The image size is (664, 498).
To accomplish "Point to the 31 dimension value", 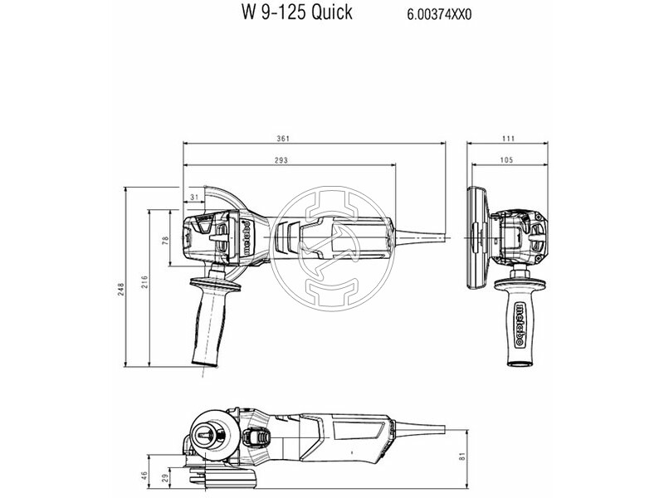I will (194, 196).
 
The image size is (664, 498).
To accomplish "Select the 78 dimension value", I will (165, 240).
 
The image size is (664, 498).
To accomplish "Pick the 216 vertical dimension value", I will (143, 281).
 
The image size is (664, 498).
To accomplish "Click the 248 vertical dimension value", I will (120, 289).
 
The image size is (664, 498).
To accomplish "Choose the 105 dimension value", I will (506, 159).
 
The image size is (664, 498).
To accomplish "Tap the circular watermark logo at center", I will (332, 240).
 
